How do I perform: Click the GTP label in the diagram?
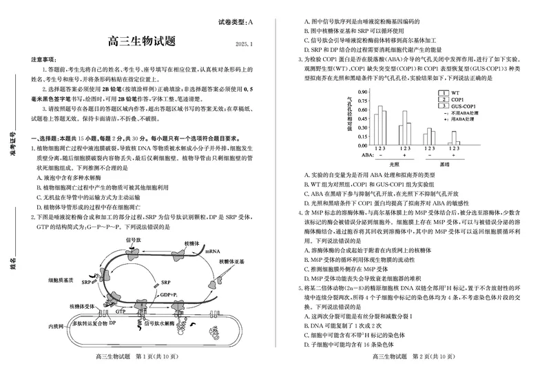point(121,312)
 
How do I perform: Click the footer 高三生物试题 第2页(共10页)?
point(413,356)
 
